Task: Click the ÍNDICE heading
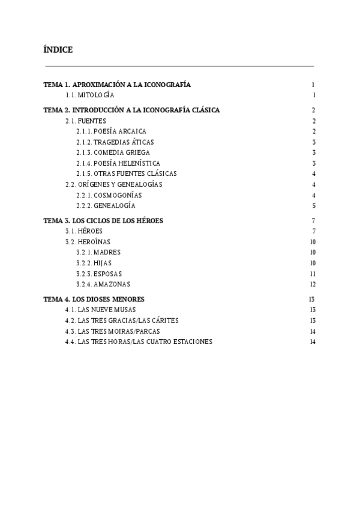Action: coord(58,50)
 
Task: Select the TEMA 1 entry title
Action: coord(117,85)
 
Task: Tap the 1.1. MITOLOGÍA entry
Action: coord(89,95)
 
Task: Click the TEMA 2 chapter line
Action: coord(131,110)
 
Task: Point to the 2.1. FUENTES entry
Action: coord(85,121)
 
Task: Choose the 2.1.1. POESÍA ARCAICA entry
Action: coord(111,131)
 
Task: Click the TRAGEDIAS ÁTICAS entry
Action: coord(115,142)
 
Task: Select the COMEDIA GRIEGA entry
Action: coord(113,152)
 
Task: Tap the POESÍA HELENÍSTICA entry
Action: coord(118,163)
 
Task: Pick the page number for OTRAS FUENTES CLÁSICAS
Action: coord(314,173)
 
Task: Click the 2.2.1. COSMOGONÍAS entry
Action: coord(109,195)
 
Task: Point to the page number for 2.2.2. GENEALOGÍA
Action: coord(314,206)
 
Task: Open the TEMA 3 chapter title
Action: coord(103,220)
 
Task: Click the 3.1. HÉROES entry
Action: coord(83,231)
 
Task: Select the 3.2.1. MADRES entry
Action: coord(98,252)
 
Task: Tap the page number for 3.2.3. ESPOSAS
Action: coord(313,274)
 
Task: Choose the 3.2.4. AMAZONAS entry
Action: coord(103,284)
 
